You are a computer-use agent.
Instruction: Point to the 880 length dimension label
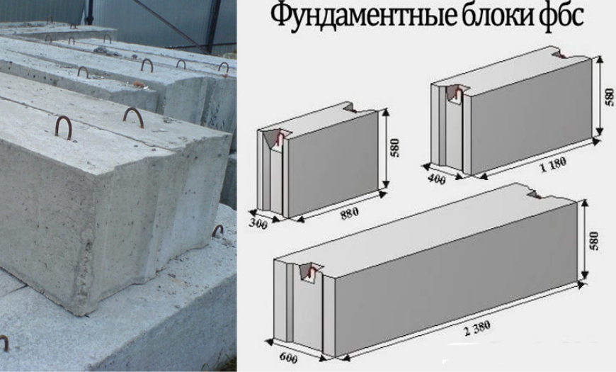point(349,213)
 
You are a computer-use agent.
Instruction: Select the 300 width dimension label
point(258,223)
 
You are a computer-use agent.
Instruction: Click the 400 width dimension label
point(436,179)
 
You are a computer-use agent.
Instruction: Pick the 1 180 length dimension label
point(553,164)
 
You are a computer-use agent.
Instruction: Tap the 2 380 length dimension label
point(477,328)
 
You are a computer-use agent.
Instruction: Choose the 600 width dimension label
point(288,358)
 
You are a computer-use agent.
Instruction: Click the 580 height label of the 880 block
point(395,148)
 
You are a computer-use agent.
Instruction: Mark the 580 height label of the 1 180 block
point(609,97)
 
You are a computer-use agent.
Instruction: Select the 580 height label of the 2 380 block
point(594,241)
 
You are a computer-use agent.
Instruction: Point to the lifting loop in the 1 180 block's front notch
point(457,94)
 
